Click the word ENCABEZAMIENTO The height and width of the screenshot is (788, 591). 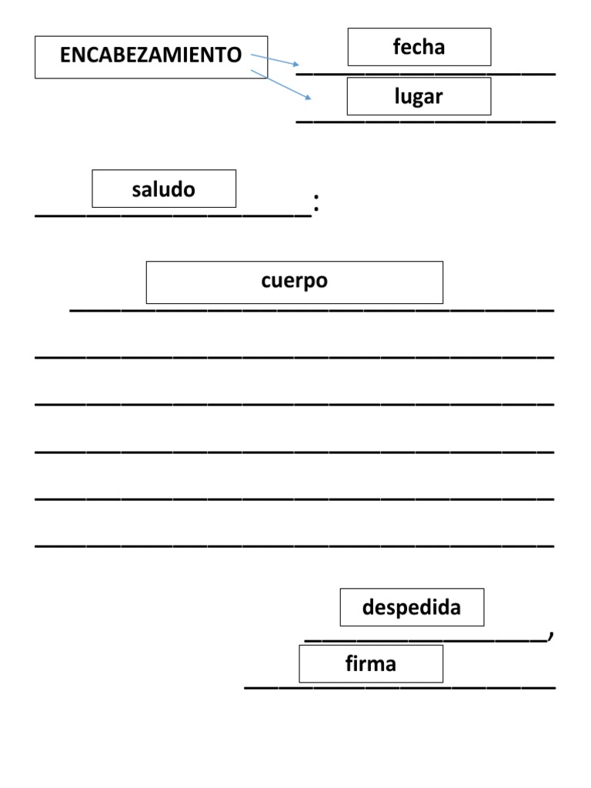pyautogui.click(x=151, y=55)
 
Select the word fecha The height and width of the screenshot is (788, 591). pyautogui.click(x=419, y=47)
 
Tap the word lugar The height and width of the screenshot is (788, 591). pyautogui.click(x=419, y=96)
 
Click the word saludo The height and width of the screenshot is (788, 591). pyautogui.click(x=163, y=189)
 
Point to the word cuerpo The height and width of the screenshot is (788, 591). pyautogui.click(x=295, y=281)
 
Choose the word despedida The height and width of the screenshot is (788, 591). pyautogui.click(x=412, y=607)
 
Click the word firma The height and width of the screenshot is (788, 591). pyautogui.click(x=370, y=663)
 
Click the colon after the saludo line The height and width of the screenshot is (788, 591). pyautogui.click(x=316, y=202)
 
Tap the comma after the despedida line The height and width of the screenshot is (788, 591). pyautogui.click(x=551, y=635)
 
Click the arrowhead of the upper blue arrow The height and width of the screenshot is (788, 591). pyautogui.click(x=296, y=65)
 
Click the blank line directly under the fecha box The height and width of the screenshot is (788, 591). pyautogui.click(x=426, y=75)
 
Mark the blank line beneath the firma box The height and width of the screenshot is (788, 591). pyautogui.click(x=400, y=687)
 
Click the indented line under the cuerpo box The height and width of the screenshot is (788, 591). pyautogui.click(x=312, y=311)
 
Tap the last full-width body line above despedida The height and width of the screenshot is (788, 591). pyautogui.click(x=295, y=546)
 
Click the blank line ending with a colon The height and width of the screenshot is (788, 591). pyautogui.click(x=173, y=216)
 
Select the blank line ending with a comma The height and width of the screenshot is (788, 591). pyautogui.click(x=426, y=641)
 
